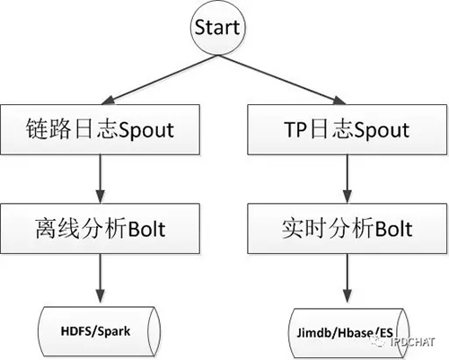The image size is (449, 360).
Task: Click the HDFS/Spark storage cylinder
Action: (x=96, y=329)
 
